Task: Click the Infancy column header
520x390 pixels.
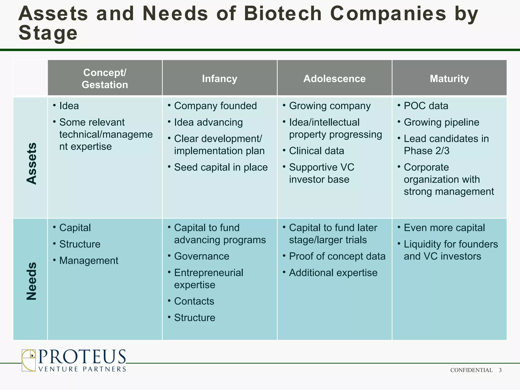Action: pos(219,78)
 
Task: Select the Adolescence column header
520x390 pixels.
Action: pos(334,78)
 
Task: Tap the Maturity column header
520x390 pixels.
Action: pos(449,78)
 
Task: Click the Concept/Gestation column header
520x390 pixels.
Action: pos(105,78)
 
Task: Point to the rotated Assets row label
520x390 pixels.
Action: pos(31,164)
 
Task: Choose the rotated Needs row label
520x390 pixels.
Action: pos(31,281)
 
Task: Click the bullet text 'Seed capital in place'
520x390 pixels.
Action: pos(221,167)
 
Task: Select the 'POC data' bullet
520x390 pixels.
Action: pos(426,106)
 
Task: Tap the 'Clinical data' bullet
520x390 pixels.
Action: pos(316,151)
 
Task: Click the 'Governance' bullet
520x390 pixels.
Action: pos(202,256)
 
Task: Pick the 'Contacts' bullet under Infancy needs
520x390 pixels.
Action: pos(194,301)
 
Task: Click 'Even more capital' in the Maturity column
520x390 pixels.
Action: pos(444,228)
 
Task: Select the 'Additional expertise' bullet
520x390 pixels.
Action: pos(333,273)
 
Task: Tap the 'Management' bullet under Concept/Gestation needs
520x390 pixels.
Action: pos(89,261)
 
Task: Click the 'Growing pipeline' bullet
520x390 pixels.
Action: pos(441,122)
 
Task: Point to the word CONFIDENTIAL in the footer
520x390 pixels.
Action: pos(471,370)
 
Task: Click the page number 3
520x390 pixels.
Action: pos(500,370)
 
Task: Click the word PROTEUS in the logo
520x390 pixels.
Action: pos(82,357)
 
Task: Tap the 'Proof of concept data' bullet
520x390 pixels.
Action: pos(337,256)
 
